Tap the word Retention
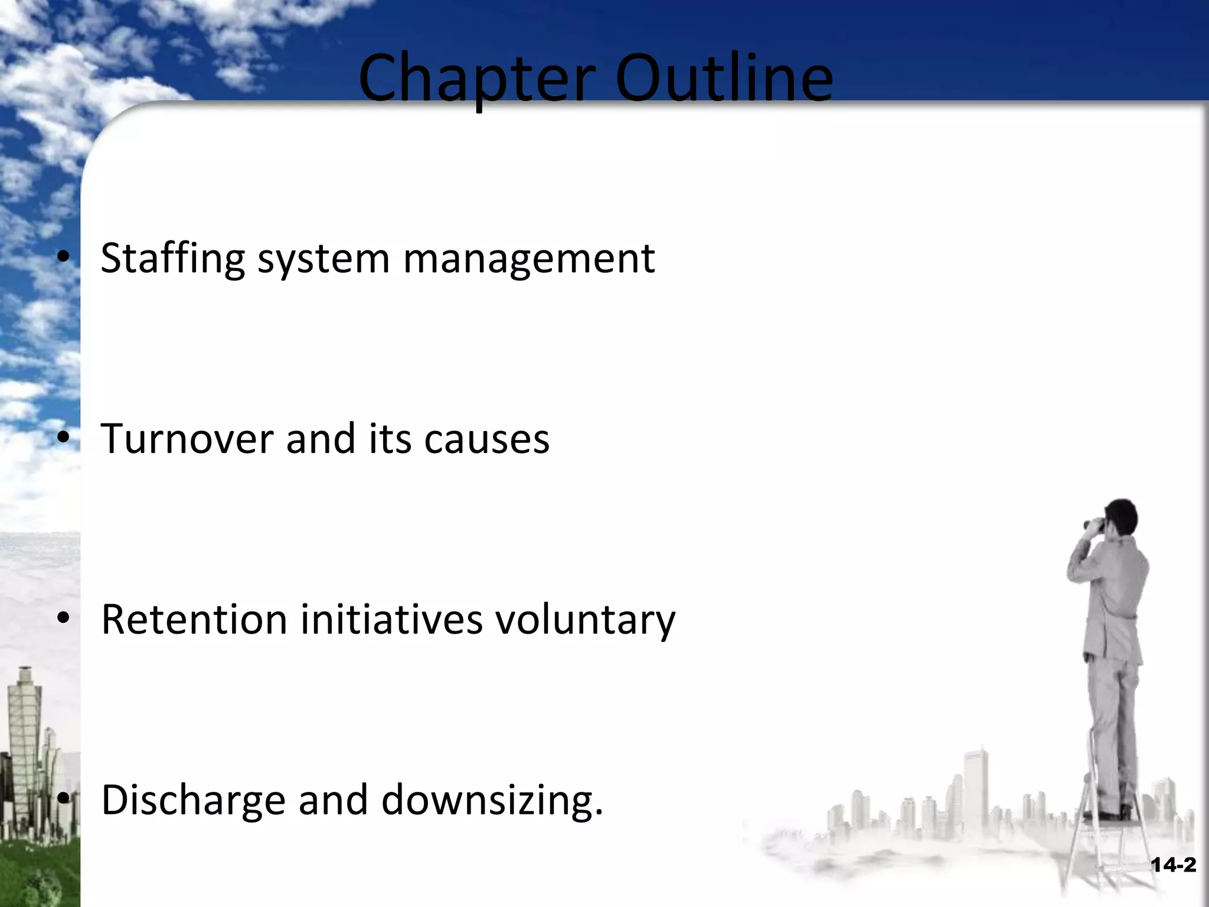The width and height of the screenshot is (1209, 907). (x=194, y=619)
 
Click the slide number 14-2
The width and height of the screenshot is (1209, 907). (x=1173, y=866)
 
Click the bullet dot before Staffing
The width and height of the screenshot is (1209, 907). (x=64, y=257)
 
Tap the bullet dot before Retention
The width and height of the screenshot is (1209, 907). (x=64, y=618)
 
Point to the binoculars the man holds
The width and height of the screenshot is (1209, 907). (x=1096, y=523)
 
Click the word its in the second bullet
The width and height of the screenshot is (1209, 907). (x=390, y=439)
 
